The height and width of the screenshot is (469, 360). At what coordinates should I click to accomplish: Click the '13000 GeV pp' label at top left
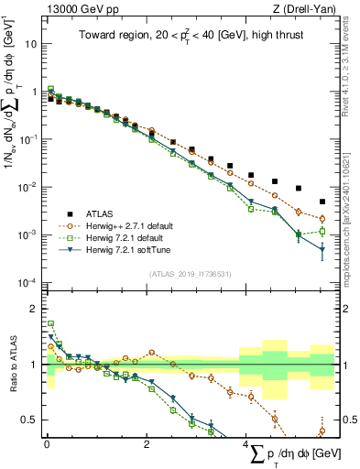(x=78, y=10)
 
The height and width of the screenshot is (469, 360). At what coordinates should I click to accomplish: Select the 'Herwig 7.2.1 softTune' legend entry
(x=124, y=249)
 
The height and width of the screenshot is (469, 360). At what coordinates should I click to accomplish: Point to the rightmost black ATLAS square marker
(x=322, y=202)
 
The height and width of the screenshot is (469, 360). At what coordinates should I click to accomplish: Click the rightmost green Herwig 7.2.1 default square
(x=322, y=232)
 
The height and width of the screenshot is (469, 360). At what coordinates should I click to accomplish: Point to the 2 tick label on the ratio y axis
(x=34, y=308)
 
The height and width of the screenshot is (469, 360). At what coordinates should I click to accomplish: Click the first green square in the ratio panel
(x=50, y=323)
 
